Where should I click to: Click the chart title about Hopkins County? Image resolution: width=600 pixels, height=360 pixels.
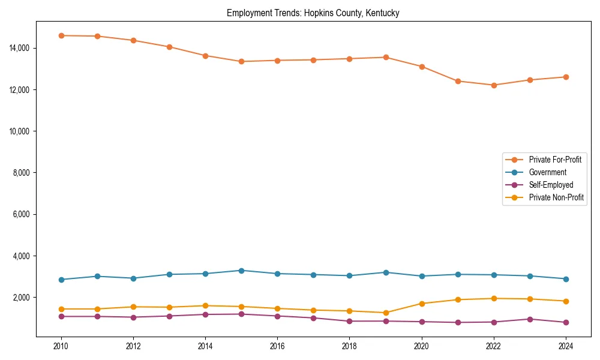(313, 13)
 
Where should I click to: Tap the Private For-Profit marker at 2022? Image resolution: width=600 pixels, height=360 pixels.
(494, 85)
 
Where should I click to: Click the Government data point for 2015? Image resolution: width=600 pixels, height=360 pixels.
(241, 271)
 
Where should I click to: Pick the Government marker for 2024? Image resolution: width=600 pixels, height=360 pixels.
(566, 279)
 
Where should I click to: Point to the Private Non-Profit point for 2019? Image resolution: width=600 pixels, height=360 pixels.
(385, 313)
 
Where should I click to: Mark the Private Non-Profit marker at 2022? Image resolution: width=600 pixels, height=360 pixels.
(494, 298)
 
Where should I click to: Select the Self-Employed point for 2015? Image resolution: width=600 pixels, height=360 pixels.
(241, 314)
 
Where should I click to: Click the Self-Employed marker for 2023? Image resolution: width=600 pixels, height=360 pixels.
(530, 319)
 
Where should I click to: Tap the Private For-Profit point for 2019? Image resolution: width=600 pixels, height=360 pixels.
(385, 57)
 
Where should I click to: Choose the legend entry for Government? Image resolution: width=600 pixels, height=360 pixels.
(547, 172)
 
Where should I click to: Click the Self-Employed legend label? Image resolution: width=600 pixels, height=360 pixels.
(551, 185)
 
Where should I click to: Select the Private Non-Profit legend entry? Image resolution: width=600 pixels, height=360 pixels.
(556, 197)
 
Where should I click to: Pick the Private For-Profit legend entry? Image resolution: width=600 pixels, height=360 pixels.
(555, 160)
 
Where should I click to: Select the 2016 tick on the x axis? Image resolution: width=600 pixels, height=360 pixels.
(277, 346)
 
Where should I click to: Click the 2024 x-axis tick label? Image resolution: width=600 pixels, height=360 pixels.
(566, 346)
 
